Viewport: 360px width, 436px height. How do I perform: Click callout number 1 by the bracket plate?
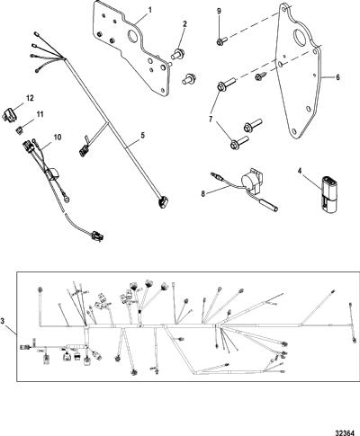tap(149, 10)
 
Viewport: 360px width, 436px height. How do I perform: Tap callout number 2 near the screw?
tap(184, 24)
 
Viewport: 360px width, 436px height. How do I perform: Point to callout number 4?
tap(299, 171)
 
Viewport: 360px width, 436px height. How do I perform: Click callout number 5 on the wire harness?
tap(143, 135)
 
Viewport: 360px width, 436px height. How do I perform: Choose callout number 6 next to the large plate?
tap(337, 77)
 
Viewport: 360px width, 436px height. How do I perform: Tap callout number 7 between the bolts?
tap(211, 120)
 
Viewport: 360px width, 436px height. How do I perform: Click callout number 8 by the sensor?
tap(203, 194)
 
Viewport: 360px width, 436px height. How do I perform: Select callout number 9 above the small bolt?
tap(219, 11)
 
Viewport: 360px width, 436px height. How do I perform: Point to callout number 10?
tap(58, 138)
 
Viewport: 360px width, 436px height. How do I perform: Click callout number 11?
tap(40, 114)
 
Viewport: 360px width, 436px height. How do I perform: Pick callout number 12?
tap(30, 98)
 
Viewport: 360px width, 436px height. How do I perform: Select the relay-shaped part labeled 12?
tap(10, 115)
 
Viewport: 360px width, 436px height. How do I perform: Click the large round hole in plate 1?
tap(133, 37)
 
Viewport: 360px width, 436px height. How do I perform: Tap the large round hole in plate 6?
tap(300, 37)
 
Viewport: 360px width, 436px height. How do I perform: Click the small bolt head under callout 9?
tap(219, 41)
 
